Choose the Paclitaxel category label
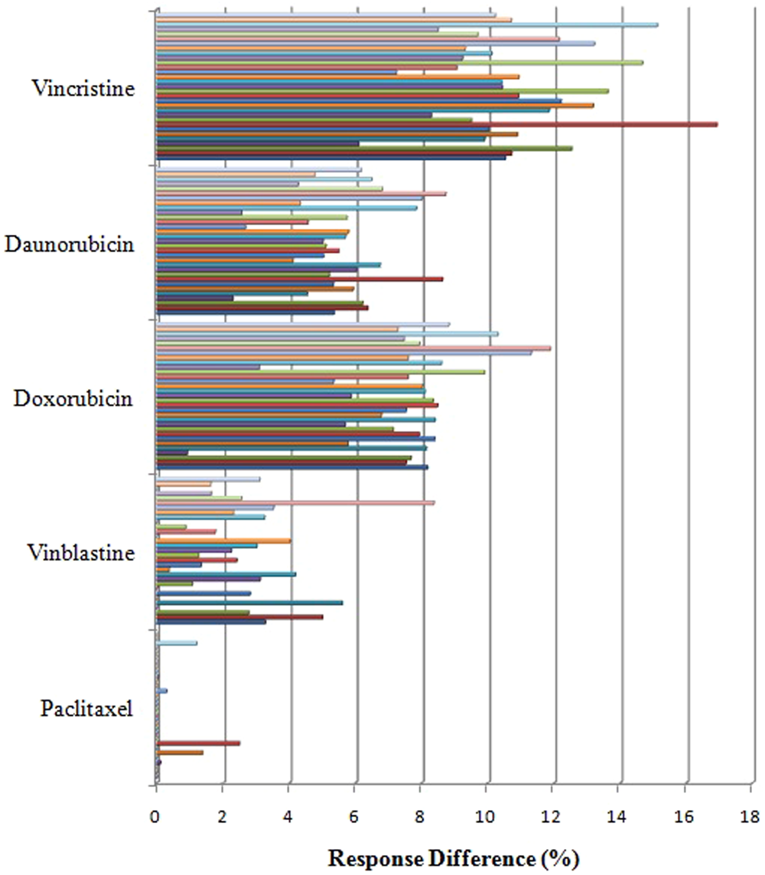tap(87, 708)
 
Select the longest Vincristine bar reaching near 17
tap(436, 124)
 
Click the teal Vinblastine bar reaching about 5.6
tap(249, 602)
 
